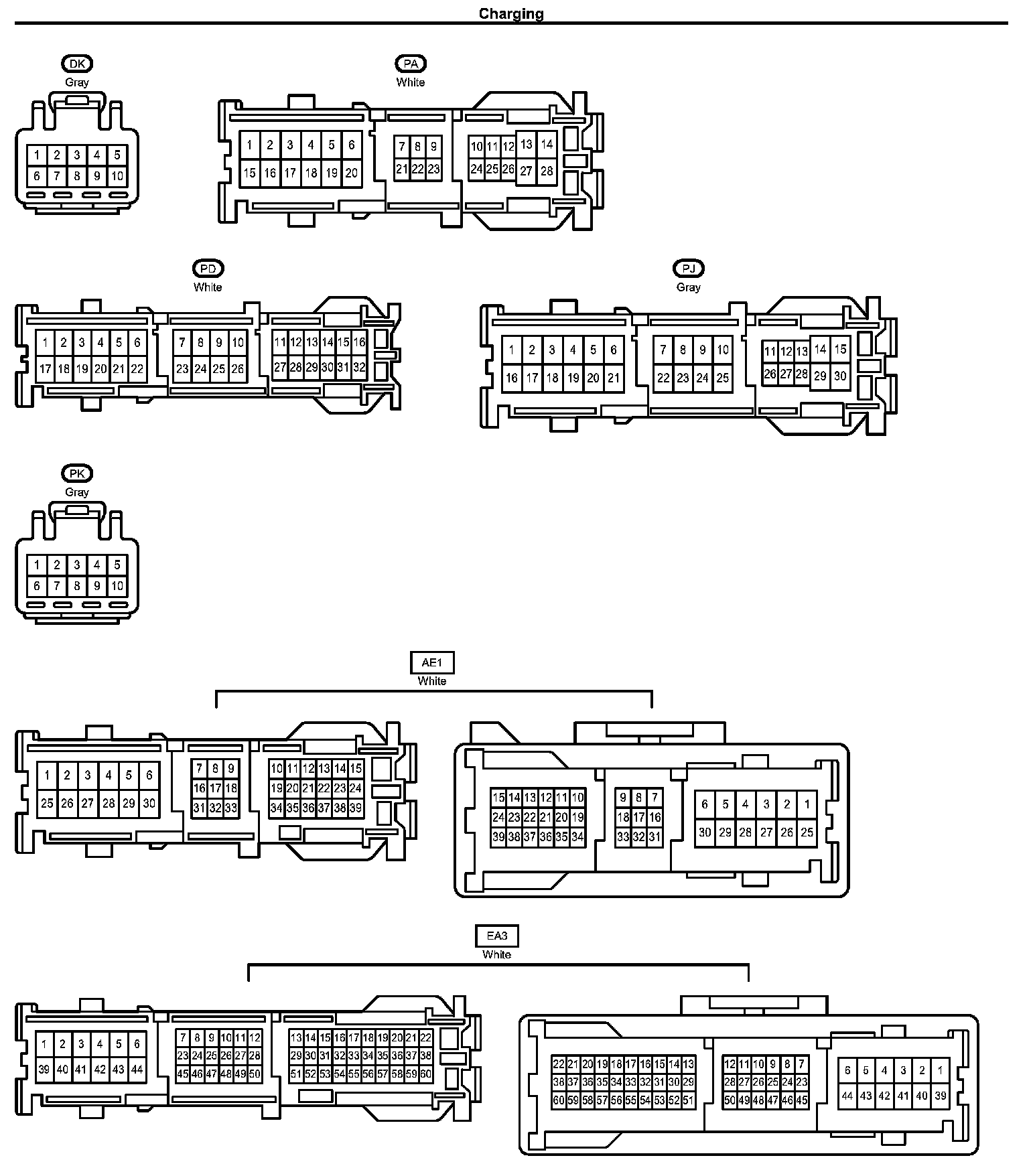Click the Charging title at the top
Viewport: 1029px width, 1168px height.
(511, 13)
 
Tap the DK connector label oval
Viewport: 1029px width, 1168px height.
(77, 64)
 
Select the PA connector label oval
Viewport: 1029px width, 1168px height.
(411, 64)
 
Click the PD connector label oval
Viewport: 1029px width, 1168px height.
(208, 269)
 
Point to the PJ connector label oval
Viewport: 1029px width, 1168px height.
(689, 269)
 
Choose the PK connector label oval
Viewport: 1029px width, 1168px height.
(77, 473)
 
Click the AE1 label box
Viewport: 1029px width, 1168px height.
(432, 663)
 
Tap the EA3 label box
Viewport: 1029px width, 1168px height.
(496, 936)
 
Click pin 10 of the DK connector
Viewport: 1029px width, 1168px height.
(117, 176)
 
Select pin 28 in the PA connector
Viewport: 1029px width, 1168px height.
(547, 171)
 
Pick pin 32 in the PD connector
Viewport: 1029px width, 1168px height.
(360, 367)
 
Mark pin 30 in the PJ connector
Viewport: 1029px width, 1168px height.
(840, 376)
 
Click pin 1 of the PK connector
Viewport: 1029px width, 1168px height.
(37, 565)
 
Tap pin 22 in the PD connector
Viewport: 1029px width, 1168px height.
(137, 368)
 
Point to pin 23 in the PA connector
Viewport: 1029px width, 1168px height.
(433, 169)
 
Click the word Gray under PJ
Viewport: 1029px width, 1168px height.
(689, 287)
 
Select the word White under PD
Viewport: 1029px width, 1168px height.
(208, 287)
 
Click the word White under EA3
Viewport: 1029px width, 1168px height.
(496, 954)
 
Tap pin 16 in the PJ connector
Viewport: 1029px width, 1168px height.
(512, 378)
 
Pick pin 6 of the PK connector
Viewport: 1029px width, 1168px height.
(37, 586)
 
